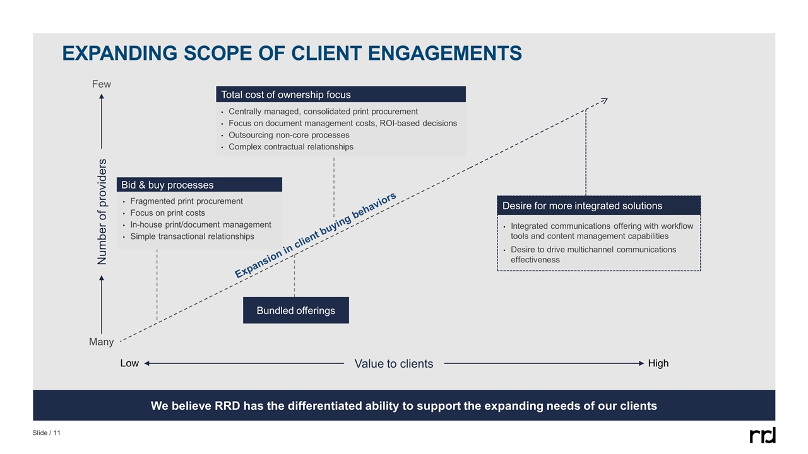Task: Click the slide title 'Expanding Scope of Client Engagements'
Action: pos(292,54)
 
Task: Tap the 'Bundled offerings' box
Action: pos(295,310)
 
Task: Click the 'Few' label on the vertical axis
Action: pos(101,84)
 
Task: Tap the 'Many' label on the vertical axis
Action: pos(101,342)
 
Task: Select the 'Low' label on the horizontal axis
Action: pos(129,363)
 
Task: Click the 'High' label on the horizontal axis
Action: pos(658,363)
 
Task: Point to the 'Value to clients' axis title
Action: pos(394,364)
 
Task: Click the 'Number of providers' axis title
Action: pos(102,211)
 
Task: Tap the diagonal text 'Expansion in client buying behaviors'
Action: pos(316,235)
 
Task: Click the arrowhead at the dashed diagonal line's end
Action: pos(604,100)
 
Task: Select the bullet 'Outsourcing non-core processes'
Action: pos(288,135)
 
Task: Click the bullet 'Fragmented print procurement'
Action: pos(186,201)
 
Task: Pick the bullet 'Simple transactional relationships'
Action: pos(192,236)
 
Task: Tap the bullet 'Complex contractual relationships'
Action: pos(290,147)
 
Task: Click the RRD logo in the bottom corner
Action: pos(762,435)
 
